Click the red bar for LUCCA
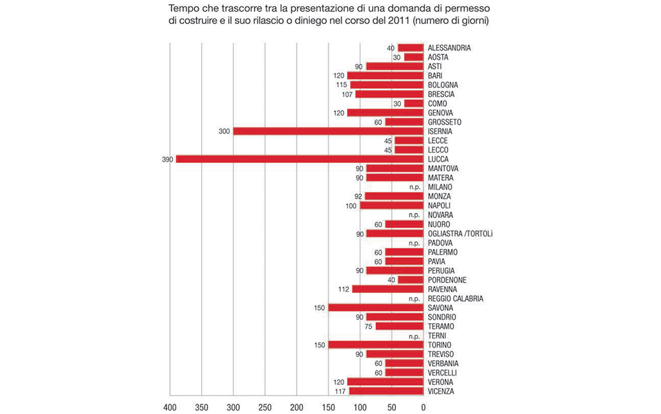pyautogui.click(x=300, y=159)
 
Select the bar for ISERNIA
pyautogui.click(x=328, y=131)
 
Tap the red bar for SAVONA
pyautogui.click(x=376, y=307)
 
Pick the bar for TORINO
pyautogui.click(x=376, y=345)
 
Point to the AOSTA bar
pyautogui.click(x=414, y=57)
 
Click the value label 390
pyautogui.click(x=167, y=159)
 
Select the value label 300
pyautogui.click(x=224, y=131)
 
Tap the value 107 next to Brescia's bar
pyautogui.click(x=347, y=94)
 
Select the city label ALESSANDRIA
pyautogui.click(x=449, y=47)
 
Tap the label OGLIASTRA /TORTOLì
pyautogui.click(x=460, y=234)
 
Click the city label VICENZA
pyautogui.click(x=441, y=391)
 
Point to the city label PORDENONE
pyautogui.click(x=447, y=280)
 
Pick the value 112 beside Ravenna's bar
pyautogui.click(x=344, y=290)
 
